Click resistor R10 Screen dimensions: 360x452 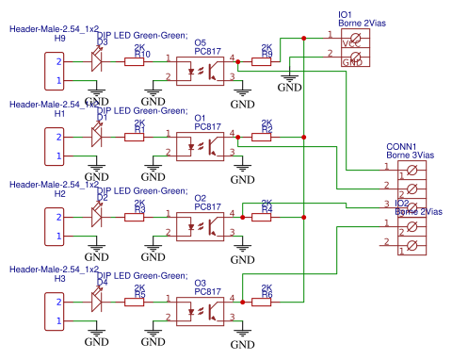[x=136, y=62]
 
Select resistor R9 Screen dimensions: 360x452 [x=266, y=62]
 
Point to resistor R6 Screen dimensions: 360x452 [x=266, y=302]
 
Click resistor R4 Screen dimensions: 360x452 [x=266, y=216]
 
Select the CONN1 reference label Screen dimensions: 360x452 [x=401, y=147]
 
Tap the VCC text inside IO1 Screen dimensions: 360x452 [x=350, y=43]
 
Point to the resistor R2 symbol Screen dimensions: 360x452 [x=266, y=138]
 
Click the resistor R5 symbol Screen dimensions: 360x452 [x=136, y=302]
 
